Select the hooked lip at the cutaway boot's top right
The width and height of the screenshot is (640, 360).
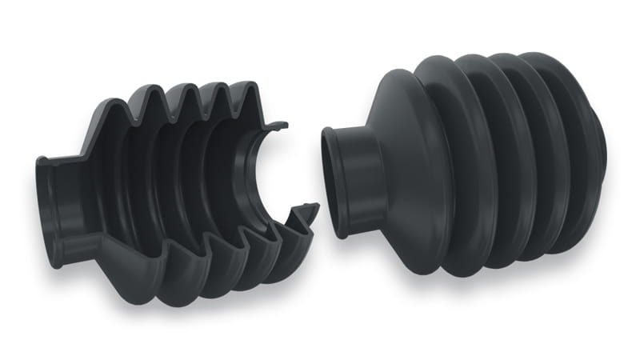pyautogui.click(x=277, y=126)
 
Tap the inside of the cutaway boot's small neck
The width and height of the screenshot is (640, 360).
pyautogui.click(x=76, y=210)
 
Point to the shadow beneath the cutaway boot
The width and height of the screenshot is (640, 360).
pyautogui.click(x=200, y=308)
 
